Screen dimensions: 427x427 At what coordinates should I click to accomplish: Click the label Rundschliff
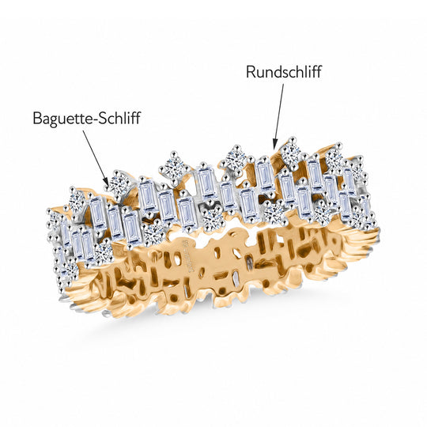coord(284,72)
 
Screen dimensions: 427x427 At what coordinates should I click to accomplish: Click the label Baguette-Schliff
coord(87,118)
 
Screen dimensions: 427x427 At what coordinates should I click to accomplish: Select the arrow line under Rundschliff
coord(279,116)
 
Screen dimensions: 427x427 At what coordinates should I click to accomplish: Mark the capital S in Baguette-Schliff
coord(102,118)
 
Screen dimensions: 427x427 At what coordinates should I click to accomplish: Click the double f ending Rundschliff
coord(316,72)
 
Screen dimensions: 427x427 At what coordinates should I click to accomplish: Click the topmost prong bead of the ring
coord(293,140)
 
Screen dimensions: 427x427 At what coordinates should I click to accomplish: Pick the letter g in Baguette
coord(53,120)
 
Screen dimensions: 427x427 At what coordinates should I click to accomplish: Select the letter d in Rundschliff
coord(278,73)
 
